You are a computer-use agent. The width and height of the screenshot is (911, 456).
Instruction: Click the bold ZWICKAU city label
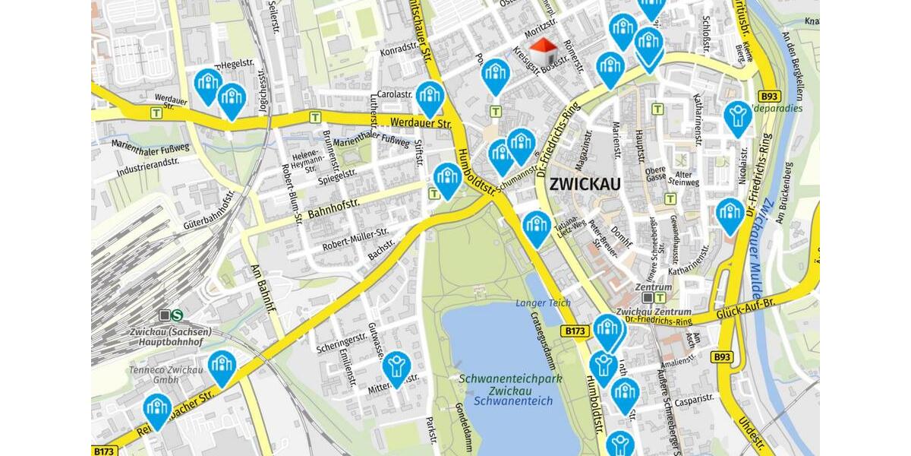[x=585, y=184]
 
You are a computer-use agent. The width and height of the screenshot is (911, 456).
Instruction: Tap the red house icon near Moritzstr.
[x=542, y=53]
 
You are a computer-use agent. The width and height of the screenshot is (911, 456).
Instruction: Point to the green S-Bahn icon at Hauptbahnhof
[x=177, y=315]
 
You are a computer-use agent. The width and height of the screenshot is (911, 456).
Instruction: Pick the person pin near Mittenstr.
[x=396, y=366]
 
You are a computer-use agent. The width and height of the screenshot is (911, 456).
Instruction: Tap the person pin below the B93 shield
[x=737, y=116]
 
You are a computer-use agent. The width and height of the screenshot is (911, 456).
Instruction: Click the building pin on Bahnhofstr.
[x=447, y=179]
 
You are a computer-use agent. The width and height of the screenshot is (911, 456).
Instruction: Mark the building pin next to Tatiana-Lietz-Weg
[x=536, y=226]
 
